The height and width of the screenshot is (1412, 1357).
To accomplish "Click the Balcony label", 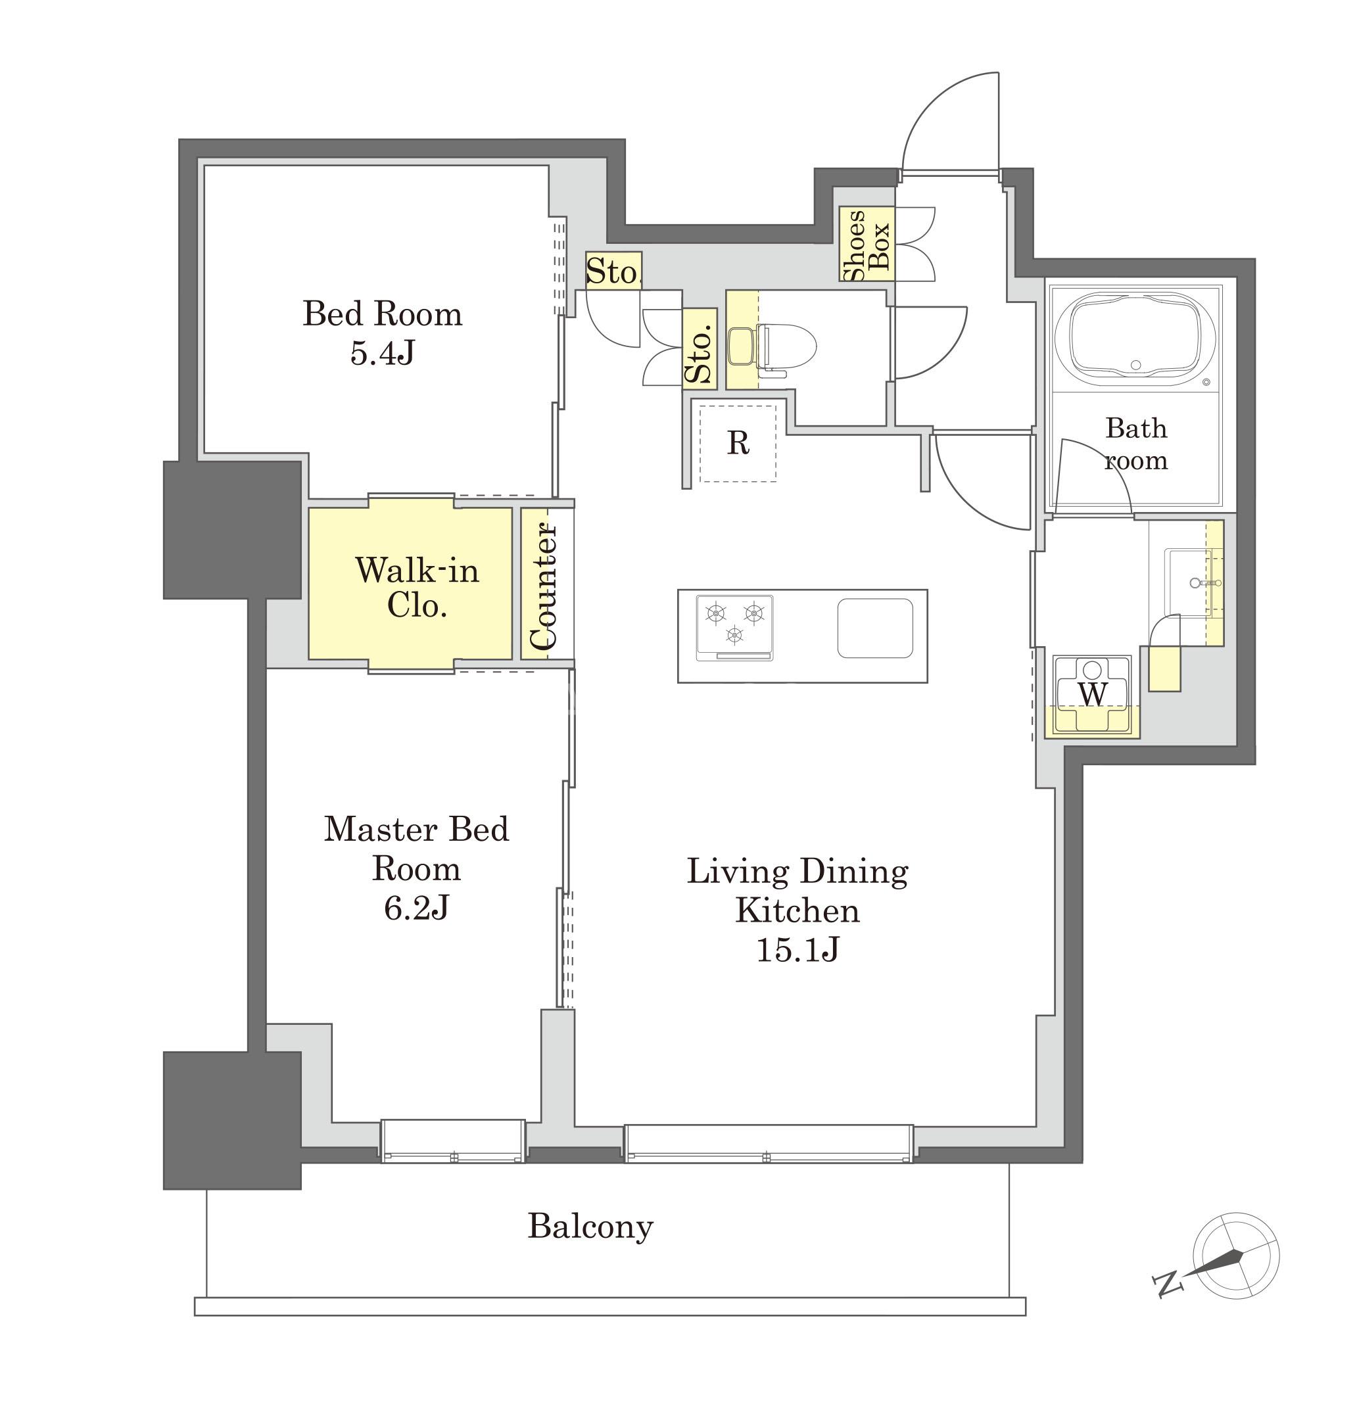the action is (590, 1226).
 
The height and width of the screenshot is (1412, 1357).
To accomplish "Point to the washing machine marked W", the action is (1093, 696).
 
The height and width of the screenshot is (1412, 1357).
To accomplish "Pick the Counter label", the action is (543, 586).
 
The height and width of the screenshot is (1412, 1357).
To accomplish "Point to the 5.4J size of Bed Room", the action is (383, 353).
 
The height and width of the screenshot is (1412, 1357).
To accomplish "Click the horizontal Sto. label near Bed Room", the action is (613, 271).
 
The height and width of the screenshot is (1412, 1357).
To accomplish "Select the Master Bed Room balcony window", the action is (452, 1141).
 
